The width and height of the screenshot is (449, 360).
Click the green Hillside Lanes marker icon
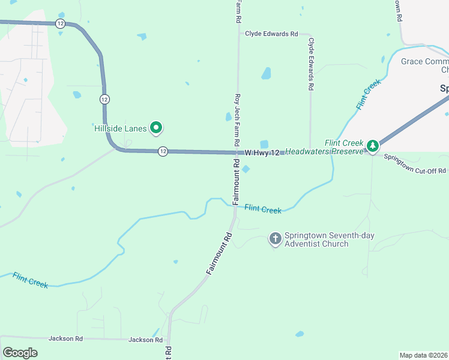pos(156,127)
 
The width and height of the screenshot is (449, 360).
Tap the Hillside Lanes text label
pos(121,128)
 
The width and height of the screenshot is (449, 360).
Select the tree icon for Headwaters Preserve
pos(373,145)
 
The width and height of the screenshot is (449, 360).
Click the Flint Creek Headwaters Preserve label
pos(324,148)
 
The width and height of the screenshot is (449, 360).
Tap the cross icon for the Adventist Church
pos(276,239)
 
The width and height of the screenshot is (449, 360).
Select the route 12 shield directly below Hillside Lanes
pos(163,151)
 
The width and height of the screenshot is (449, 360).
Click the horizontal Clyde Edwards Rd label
pos(271,34)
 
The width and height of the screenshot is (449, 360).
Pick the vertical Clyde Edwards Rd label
pos(311,64)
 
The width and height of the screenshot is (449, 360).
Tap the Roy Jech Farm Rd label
pos(238,118)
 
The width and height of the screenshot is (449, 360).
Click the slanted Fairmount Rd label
pos(219,254)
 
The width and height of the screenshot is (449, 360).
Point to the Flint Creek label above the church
pos(263,209)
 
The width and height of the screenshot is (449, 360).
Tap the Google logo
pos(20,353)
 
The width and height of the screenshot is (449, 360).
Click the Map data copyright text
pos(424,355)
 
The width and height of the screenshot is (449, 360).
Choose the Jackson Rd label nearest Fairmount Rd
pos(146,340)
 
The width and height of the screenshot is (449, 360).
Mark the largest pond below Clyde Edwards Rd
pos(265,73)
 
